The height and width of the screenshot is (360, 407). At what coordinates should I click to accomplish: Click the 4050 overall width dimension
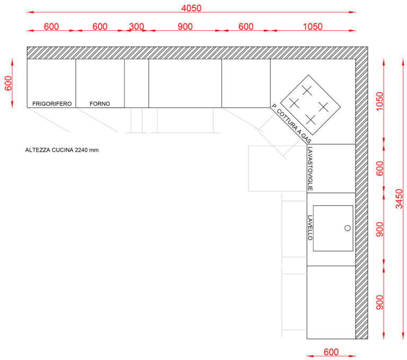pyautogui.click(x=191, y=8)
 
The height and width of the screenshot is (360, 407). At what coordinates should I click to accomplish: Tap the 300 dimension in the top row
pyautogui.click(x=137, y=27)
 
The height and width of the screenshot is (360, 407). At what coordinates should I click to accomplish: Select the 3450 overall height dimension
pyautogui.click(x=399, y=199)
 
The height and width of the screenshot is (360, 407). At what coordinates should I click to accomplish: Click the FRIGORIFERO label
pyautogui.click(x=52, y=103)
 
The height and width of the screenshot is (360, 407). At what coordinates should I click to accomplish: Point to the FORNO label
pyautogui.click(x=100, y=103)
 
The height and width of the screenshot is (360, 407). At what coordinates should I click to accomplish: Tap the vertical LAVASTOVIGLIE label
pyautogui.click(x=310, y=169)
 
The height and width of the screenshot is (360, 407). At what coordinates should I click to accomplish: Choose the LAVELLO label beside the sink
pyautogui.click(x=310, y=227)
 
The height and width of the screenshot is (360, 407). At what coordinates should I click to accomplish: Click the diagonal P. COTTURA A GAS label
pyautogui.click(x=291, y=124)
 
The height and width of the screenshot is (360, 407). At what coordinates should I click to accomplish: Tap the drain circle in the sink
pyautogui.click(x=348, y=228)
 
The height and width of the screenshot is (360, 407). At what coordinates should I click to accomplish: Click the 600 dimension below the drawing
pyautogui.click(x=331, y=352)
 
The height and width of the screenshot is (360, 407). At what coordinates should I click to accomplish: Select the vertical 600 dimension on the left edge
pyautogui.click(x=8, y=83)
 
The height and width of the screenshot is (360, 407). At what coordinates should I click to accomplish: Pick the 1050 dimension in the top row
pyautogui.click(x=313, y=27)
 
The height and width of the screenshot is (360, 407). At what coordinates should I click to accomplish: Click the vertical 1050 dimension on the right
pyautogui.click(x=379, y=101)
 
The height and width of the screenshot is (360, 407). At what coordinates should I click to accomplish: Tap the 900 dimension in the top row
pyautogui.click(x=185, y=27)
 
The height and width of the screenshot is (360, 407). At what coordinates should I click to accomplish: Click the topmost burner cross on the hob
pyautogui.click(x=307, y=90)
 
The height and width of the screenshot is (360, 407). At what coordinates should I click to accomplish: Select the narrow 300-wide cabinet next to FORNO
pyautogui.click(x=137, y=83)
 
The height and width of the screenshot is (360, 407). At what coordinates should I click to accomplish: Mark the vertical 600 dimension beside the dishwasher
pyautogui.click(x=379, y=168)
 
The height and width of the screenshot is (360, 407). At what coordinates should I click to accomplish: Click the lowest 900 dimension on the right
pyautogui.click(x=379, y=302)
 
